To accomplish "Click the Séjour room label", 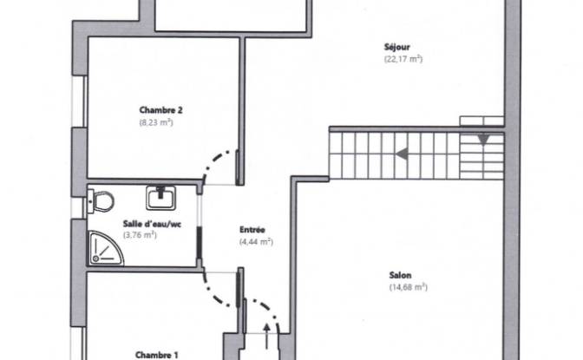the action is tap(396, 47).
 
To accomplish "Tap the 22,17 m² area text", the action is tap(403, 59).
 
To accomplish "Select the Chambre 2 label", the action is tap(160, 110).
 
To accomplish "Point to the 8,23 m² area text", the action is tap(156, 122).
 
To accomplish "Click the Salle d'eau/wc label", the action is tap(152, 224).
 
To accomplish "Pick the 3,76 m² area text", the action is tap(140, 235).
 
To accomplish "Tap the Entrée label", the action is tap(252, 230).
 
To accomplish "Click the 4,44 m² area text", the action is tap(256, 242).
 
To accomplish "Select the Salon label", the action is tap(400, 275).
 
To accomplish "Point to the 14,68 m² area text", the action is tap(409, 287).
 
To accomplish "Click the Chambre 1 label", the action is tap(156, 355).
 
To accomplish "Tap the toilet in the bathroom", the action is tap(101, 201).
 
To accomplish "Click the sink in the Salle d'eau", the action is tap(160, 198).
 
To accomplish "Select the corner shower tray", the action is tap(105, 248).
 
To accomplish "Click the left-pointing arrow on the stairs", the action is tap(402, 154).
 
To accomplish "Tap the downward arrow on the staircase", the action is tap(483, 140).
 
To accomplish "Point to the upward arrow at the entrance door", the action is tap(266, 337).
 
